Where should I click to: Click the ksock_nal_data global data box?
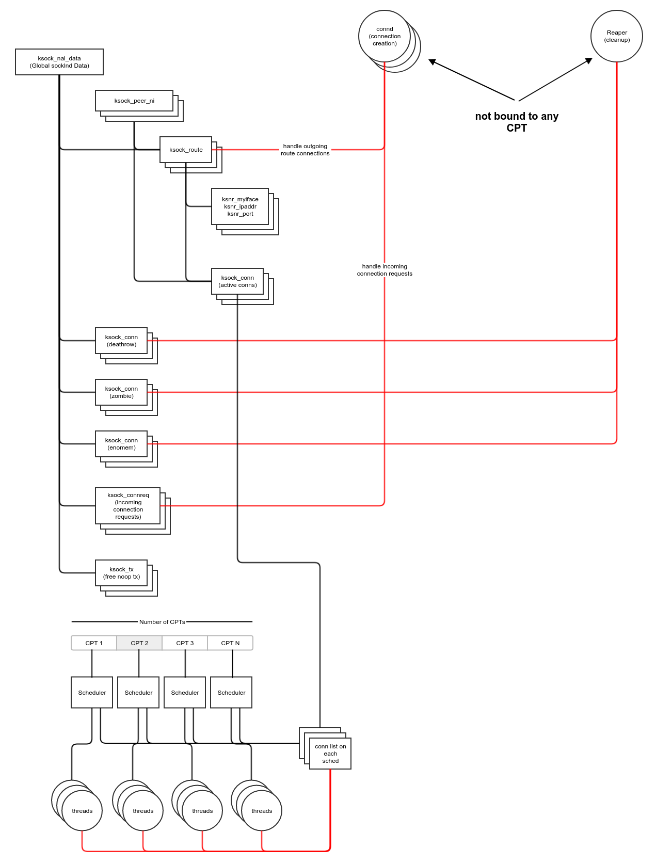pos(59,62)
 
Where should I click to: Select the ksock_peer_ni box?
pos(134,101)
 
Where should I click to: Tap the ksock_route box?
pos(186,150)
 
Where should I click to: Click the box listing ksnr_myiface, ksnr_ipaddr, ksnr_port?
pos(240,206)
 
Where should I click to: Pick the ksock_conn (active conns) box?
pos(237,281)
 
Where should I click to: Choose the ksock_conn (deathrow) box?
pos(121,341)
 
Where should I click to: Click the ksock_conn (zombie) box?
pos(121,392)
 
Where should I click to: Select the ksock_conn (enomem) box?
pos(121,444)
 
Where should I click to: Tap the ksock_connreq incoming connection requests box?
pos(128,506)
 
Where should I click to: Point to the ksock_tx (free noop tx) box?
pos(121,573)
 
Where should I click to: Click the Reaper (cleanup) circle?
pos(617,36)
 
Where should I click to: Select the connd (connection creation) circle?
pos(385,36)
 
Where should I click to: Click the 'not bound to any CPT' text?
pos(517,122)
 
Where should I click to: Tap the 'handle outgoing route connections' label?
pos(305,150)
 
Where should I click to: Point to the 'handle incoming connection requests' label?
pos(385,270)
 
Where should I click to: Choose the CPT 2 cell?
pos(139,643)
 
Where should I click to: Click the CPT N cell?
pos(230,643)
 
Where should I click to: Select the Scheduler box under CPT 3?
pos(185,693)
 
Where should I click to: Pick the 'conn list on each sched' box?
pos(330,754)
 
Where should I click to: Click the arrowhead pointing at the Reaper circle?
pos(588,61)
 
